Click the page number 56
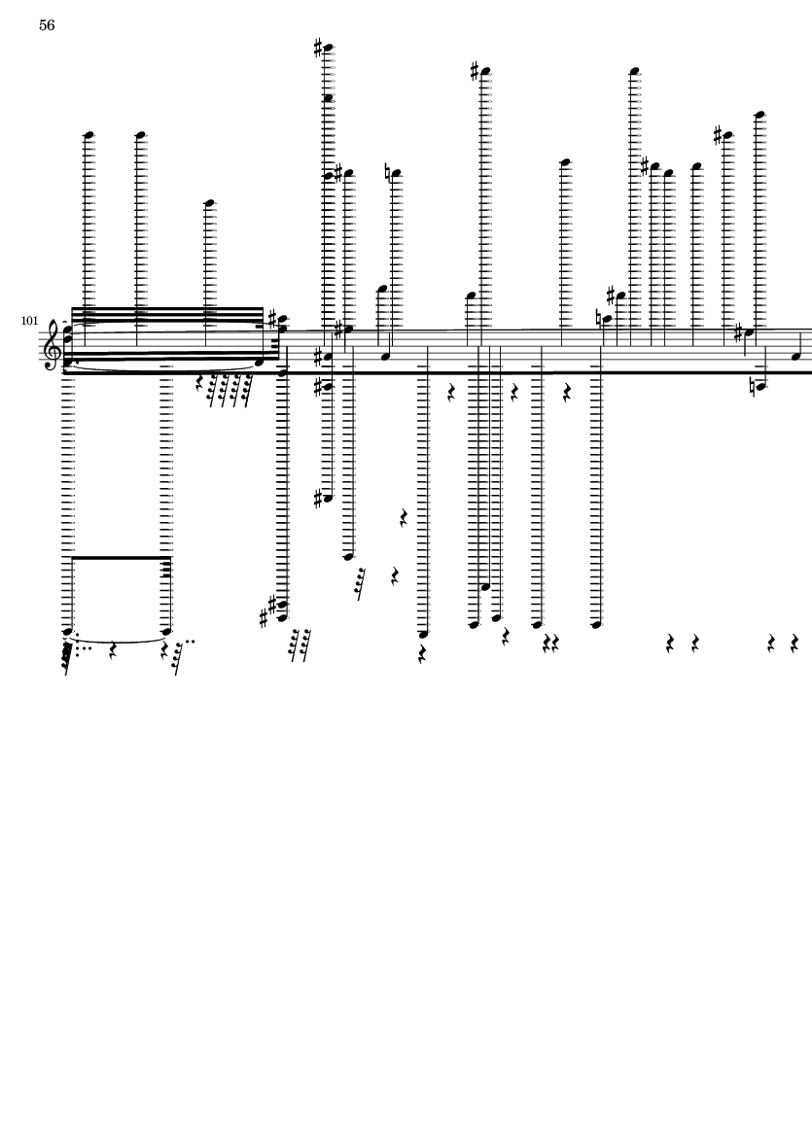pyautogui.click(x=47, y=25)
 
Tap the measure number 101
pyautogui.click(x=29, y=321)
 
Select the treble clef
pyautogui.click(x=53, y=344)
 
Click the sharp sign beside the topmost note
pyautogui.click(x=319, y=49)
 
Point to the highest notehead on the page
pyautogui.click(x=329, y=49)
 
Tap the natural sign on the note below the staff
pyautogui.click(x=753, y=387)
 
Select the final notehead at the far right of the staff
pyautogui.click(x=795, y=357)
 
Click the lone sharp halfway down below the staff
pyautogui.click(x=319, y=500)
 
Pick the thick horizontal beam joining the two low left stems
pyautogui.click(x=121, y=558)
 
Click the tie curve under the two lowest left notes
pyautogui.click(x=117, y=640)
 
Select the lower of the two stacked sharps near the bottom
pyautogui.click(x=264, y=619)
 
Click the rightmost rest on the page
pyautogui.click(x=794, y=644)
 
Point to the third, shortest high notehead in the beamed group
pyautogui.click(x=209, y=203)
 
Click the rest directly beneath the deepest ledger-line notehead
pyautogui.click(x=422, y=654)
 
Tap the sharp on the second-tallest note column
pyautogui.click(x=476, y=72)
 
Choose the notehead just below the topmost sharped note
pyautogui.click(x=329, y=98)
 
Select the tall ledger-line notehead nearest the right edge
pyautogui.click(x=760, y=114)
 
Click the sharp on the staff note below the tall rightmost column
pyautogui.click(x=738, y=333)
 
